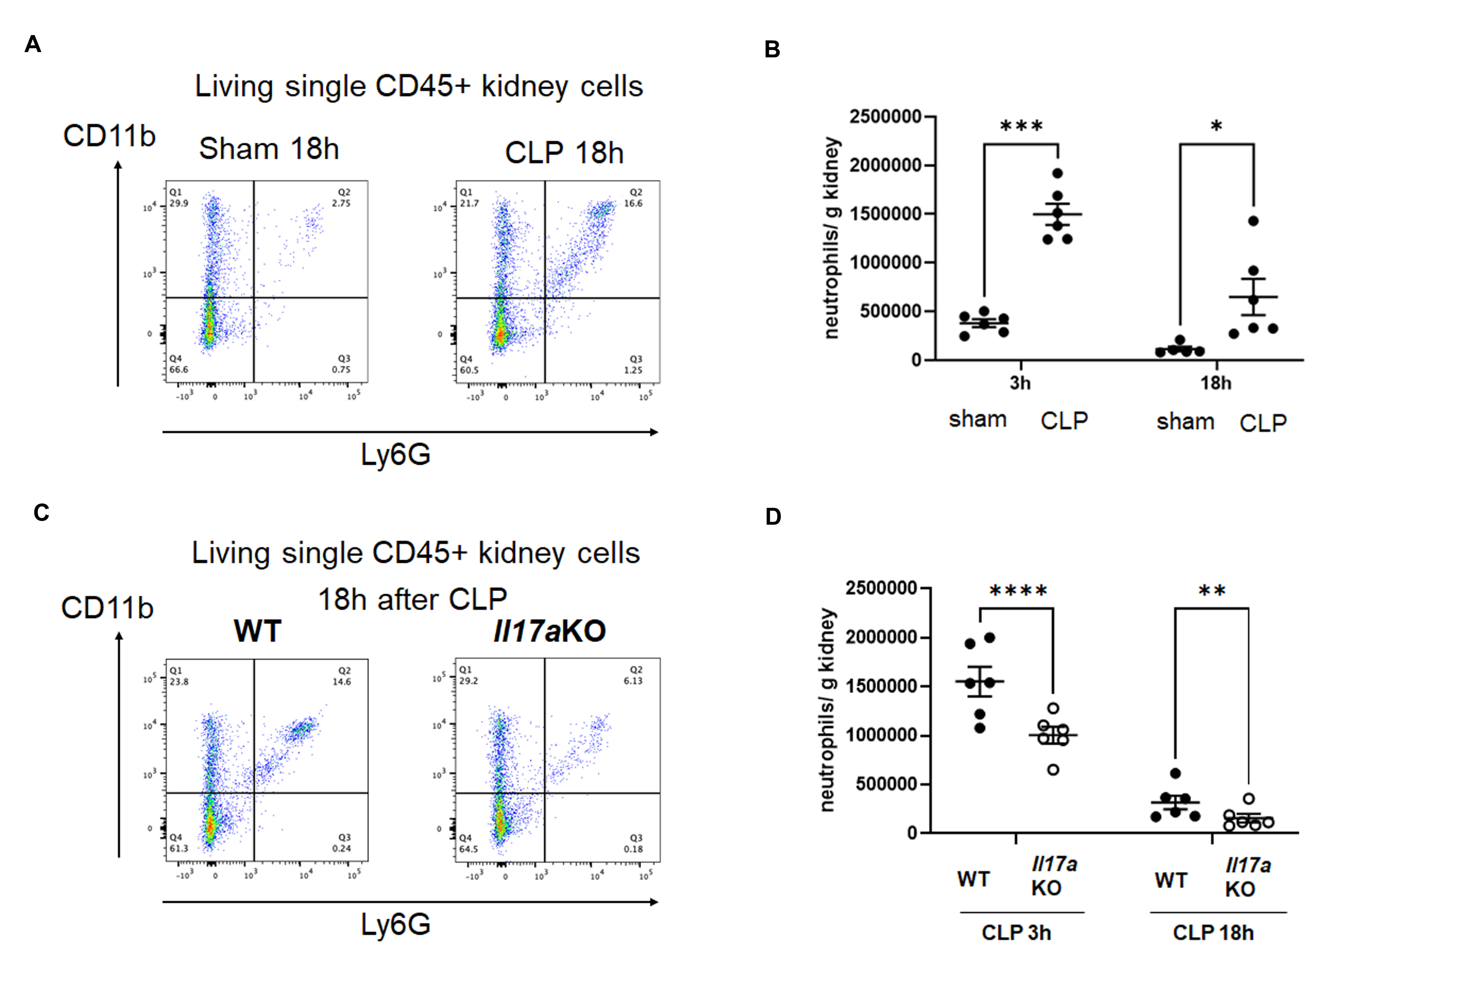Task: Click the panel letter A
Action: tap(33, 44)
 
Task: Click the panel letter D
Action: tap(773, 516)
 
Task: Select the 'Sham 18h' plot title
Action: tap(269, 149)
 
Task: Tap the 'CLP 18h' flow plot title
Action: tap(564, 152)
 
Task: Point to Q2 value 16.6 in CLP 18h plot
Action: tap(633, 203)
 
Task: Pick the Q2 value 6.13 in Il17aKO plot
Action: tap(633, 681)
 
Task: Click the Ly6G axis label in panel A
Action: tap(396, 454)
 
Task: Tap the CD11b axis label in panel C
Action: tap(107, 608)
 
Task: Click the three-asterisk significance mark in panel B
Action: tap(1021, 126)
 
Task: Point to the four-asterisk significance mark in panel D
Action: tap(1018, 591)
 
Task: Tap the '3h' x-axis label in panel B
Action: tap(1020, 382)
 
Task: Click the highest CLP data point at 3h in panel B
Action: tap(1058, 173)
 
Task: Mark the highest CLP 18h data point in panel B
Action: tap(1254, 221)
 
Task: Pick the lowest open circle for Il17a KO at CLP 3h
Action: tap(1052, 770)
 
